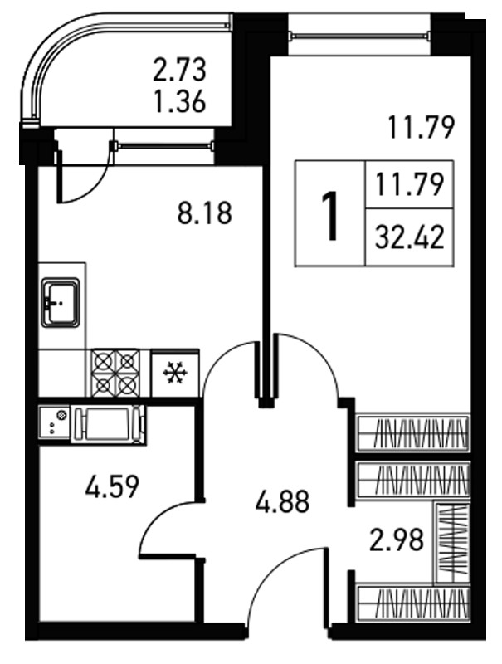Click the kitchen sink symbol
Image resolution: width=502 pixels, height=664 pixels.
(x=60, y=302)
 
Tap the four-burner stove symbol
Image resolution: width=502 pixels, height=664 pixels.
(x=115, y=373)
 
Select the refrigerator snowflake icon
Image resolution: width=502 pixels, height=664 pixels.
(x=174, y=373)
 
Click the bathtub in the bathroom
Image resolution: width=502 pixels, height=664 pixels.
(x=108, y=424)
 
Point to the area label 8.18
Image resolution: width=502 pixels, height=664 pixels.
(x=204, y=213)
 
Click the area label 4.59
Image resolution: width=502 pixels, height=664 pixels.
(x=112, y=487)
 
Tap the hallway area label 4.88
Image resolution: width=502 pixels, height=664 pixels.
(x=282, y=502)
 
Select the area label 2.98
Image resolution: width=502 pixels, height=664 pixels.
(x=396, y=540)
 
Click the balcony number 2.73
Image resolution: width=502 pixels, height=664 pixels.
(x=179, y=70)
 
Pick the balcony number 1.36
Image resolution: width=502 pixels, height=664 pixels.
(x=180, y=101)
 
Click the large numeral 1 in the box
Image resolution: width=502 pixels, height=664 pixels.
(x=329, y=216)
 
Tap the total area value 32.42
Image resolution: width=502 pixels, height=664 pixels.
(x=410, y=237)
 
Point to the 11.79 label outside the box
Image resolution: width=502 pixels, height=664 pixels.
(x=421, y=128)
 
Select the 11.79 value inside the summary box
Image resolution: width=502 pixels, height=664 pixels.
(x=409, y=185)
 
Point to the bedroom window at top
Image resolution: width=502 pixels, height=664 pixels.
(x=360, y=36)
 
